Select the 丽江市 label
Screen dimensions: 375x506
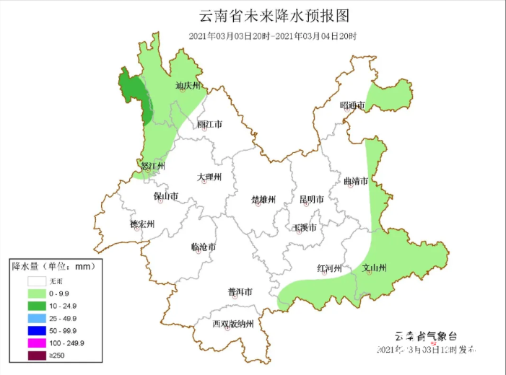tap(210, 124)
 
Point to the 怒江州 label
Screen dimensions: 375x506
tap(152, 166)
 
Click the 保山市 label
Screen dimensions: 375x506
tap(165, 195)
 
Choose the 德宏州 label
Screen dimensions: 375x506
tap(142, 224)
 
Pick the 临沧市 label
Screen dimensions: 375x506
tap(204, 247)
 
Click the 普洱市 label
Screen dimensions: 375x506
tap(240, 292)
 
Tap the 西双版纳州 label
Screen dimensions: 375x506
tap(233, 324)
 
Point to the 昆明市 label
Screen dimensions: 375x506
tap(313, 199)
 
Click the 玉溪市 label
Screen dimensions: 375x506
tap(304, 228)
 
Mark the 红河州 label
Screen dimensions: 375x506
tap(329, 268)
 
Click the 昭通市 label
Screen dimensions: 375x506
tap(352, 106)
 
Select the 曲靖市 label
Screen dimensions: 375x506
tap(355, 180)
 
